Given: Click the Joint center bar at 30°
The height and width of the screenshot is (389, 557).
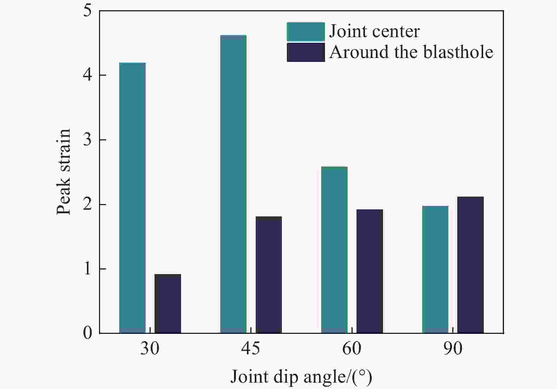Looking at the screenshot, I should (x=132, y=198).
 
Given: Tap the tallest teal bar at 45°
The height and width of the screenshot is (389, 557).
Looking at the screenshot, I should (x=233, y=184).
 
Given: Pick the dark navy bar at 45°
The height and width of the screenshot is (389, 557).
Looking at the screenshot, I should (x=269, y=275).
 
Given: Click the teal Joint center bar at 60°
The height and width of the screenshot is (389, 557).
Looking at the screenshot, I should (x=334, y=250).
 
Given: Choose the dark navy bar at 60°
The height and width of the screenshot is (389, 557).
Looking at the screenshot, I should (x=370, y=271).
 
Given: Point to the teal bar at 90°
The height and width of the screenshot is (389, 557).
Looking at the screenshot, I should (x=435, y=269).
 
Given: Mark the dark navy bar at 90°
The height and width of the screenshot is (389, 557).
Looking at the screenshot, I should (x=470, y=265).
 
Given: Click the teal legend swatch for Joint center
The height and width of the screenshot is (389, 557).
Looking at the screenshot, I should (x=306, y=32).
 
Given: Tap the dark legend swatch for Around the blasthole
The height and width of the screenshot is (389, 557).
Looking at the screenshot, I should (x=306, y=52).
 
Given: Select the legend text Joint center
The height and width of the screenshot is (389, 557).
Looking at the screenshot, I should (x=374, y=31).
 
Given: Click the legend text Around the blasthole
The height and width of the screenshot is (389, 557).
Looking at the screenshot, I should (x=411, y=52).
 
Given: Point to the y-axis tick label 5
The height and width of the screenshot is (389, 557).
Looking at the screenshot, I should (x=87, y=11).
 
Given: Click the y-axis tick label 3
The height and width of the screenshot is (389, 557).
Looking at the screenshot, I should (x=87, y=140).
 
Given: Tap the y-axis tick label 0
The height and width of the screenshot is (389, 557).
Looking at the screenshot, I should (x=87, y=333).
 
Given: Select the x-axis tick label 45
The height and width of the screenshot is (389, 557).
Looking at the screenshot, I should (x=250, y=349).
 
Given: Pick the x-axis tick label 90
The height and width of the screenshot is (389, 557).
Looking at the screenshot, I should (x=453, y=349).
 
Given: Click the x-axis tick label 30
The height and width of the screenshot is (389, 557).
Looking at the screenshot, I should (x=150, y=349).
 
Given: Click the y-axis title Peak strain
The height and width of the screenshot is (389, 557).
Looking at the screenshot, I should (x=64, y=172).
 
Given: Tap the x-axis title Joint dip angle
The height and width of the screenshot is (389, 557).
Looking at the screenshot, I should (x=301, y=377).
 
